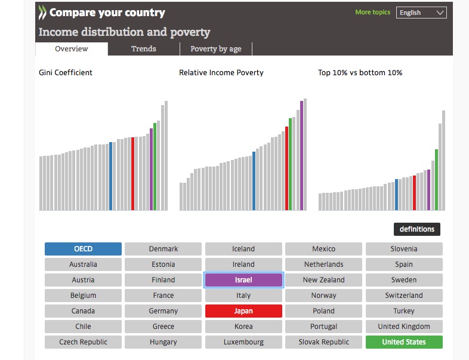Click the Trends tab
(144, 49)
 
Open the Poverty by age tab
(216, 49)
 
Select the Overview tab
(72, 49)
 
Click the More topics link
(372, 12)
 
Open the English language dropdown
(421, 13)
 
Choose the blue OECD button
(83, 249)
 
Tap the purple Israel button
(243, 280)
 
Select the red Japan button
(243, 311)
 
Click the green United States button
(404, 342)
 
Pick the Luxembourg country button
(243, 342)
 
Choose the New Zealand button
(323, 280)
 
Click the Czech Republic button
(83, 342)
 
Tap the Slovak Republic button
(323, 342)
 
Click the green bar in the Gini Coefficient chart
(155, 167)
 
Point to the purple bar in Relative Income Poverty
(301, 156)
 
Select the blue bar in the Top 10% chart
(397, 195)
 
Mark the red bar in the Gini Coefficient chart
(132, 174)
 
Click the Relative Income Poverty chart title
(221, 73)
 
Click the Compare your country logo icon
(42, 13)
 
